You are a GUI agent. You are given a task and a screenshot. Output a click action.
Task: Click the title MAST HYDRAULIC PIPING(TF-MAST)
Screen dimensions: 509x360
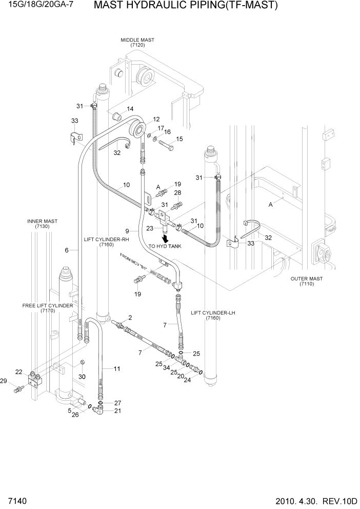186,6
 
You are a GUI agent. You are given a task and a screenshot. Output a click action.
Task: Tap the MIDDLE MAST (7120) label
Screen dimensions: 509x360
137,43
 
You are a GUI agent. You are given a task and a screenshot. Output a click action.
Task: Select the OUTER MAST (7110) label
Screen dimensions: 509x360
307,281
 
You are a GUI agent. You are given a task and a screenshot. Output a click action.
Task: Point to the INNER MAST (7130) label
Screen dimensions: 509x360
43,224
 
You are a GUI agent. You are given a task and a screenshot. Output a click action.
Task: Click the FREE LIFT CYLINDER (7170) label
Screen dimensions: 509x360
47,308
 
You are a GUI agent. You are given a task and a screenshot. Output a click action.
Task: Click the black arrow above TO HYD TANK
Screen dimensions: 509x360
165,238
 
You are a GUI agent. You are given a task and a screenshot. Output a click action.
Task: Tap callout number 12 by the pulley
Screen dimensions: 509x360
156,119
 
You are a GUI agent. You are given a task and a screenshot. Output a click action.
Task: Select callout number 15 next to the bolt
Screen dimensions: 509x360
179,139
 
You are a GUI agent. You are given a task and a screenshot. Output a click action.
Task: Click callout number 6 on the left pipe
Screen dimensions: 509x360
67,250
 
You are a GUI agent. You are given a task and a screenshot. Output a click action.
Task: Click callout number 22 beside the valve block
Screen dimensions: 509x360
18,372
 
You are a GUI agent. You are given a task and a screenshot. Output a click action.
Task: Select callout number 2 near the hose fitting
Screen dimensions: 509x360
130,318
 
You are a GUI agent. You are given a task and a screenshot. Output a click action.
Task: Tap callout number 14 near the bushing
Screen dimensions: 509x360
130,109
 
